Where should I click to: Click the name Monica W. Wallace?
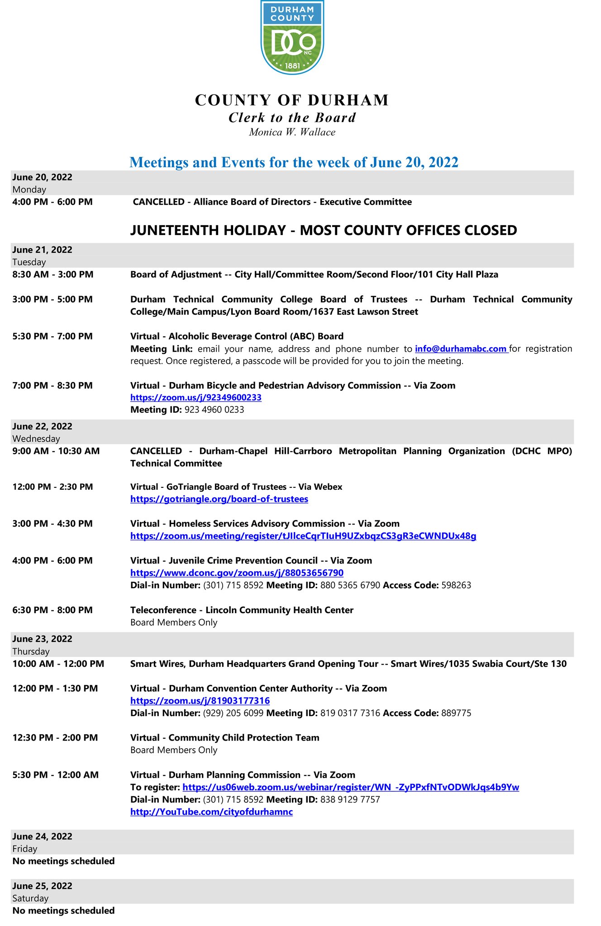(x=292, y=132)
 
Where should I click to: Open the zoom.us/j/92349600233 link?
(x=196, y=397)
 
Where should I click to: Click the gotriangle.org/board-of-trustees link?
(x=219, y=499)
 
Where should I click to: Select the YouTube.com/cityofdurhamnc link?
(x=211, y=812)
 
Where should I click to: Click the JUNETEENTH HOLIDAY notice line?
(x=324, y=230)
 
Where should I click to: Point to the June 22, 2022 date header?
(x=43, y=426)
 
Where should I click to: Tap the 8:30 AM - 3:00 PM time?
(x=53, y=274)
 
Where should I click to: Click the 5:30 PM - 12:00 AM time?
(x=56, y=775)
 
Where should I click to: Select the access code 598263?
(x=456, y=585)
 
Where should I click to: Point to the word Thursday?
(x=31, y=651)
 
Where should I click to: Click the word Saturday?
(x=30, y=898)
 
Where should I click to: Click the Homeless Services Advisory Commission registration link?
(x=303, y=536)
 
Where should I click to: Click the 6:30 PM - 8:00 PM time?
(x=52, y=610)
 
